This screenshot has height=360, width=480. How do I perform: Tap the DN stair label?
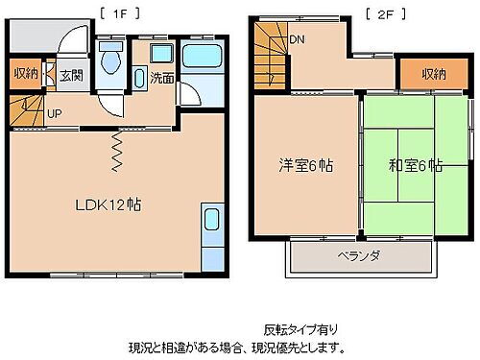click(x=299, y=40)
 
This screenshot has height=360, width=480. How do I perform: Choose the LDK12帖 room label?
click(x=109, y=204)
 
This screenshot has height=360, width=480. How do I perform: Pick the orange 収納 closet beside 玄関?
click(x=26, y=75)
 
